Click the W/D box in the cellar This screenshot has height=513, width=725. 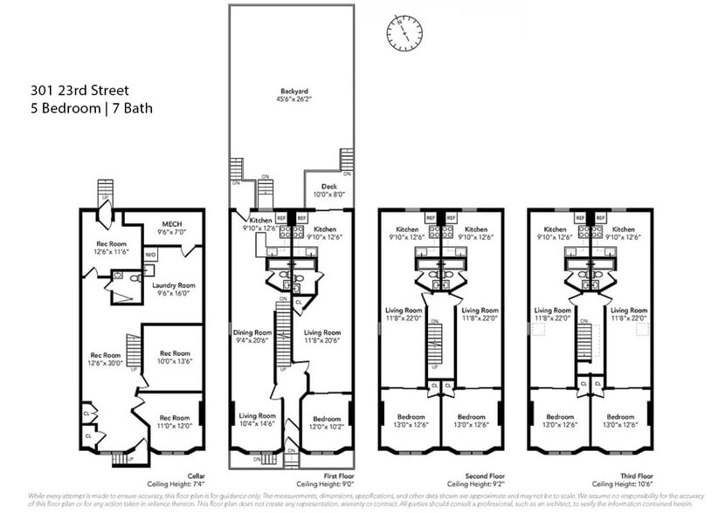click(x=150, y=255)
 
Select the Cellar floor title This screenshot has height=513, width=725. click(x=196, y=476)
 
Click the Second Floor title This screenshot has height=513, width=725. click(x=473, y=476)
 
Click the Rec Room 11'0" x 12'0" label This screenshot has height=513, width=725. click(x=174, y=422)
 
